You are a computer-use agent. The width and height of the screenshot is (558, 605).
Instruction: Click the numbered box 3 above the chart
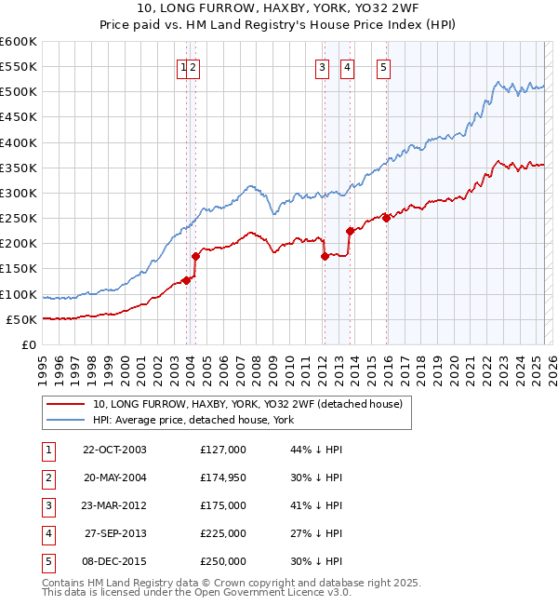[x=321, y=67]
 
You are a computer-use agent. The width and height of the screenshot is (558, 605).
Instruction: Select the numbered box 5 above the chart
[x=383, y=67]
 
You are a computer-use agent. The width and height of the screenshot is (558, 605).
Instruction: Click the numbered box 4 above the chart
[x=346, y=67]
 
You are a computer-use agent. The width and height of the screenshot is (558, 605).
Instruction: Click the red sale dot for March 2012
[x=325, y=256]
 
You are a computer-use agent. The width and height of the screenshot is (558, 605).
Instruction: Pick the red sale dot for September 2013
[x=350, y=231]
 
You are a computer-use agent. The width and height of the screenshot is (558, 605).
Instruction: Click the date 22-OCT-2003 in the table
[x=114, y=450]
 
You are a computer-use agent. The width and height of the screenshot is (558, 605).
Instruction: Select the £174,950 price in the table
[x=222, y=477]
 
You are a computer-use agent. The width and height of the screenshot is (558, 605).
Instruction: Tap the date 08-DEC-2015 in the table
[x=114, y=561]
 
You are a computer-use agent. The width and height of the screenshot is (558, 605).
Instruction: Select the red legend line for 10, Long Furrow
[x=64, y=404]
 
